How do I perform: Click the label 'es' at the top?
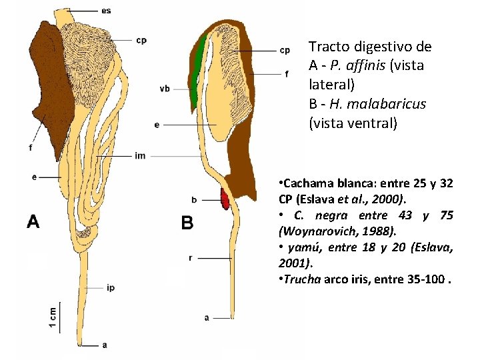tap(107, 11)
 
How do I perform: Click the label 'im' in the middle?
tap(140, 156)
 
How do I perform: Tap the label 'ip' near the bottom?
tap(111, 288)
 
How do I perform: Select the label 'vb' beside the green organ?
tap(165, 89)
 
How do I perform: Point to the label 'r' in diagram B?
tap(191, 257)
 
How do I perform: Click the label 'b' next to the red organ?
tap(193, 199)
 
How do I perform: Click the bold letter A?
tap(32, 221)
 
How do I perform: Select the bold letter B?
tap(187, 223)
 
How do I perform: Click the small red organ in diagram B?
tap(225, 198)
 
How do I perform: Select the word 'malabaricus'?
tap(389, 105)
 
